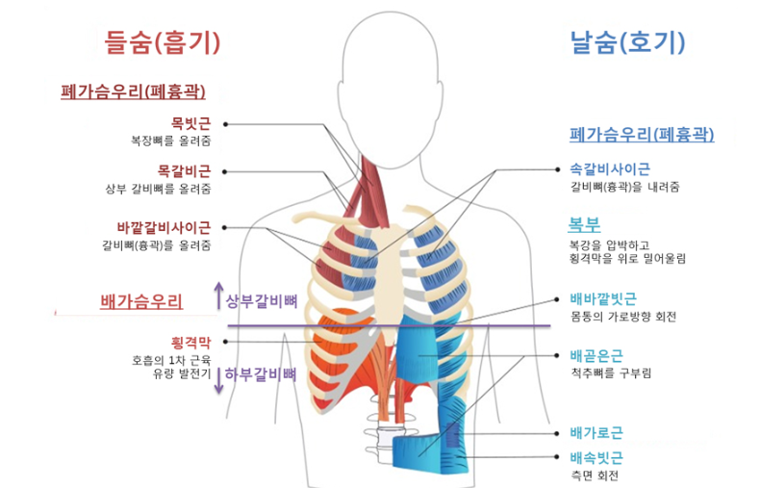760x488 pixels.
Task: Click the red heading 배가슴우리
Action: pyautogui.click(x=141, y=300)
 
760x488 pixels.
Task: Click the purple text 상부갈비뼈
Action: pyautogui.click(x=261, y=300)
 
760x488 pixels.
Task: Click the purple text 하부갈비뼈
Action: pyautogui.click(x=261, y=373)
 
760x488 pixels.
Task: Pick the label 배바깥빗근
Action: pyautogui.click(x=602, y=298)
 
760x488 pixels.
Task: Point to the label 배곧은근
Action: pyautogui.click(x=596, y=355)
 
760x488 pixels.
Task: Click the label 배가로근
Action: pyautogui.click(x=596, y=432)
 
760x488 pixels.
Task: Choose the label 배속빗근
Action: pyautogui.click(x=596, y=457)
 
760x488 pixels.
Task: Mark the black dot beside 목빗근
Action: pyautogui.click(x=226, y=123)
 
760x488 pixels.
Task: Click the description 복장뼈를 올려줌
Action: pyautogui.click(x=171, y=141)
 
